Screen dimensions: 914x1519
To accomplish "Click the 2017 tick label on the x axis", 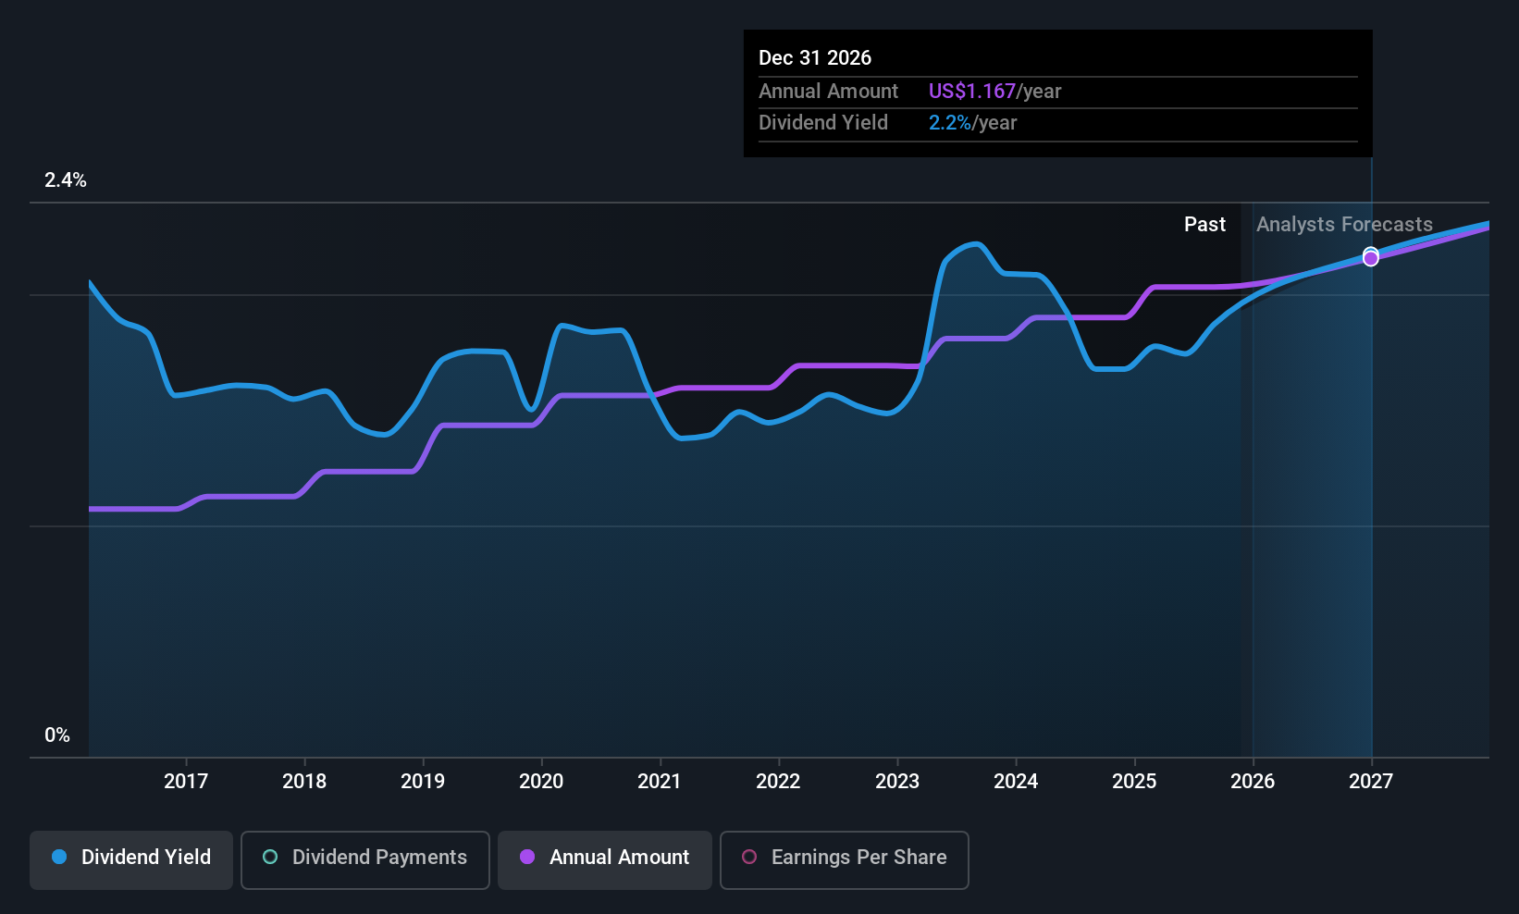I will [186, 781].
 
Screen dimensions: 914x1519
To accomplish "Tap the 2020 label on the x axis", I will [541, 781].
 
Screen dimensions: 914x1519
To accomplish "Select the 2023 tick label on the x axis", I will [897, 781].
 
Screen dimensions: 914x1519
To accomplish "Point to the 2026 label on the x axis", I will [1253, 781].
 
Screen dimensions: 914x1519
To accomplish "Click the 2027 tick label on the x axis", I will [1371, 781].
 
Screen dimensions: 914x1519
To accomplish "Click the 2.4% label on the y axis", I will [66, 180].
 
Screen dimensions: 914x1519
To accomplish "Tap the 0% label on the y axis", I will [57, 735].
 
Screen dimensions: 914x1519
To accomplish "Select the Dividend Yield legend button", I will [131, 858].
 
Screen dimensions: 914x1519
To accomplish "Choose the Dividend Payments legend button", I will [365, 858].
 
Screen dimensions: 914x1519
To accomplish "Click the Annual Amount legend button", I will [605, 858].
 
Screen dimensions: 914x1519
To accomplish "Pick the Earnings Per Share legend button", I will [844, 858].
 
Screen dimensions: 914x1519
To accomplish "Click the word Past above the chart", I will [1204, 225].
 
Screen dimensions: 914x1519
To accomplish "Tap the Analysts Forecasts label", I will [1344, 225].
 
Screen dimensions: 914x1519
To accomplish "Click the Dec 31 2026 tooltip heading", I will [815, 58].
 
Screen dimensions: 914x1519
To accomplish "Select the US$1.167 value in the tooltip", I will [972, 92].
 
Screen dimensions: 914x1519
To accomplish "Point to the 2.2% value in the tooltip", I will [950, 123].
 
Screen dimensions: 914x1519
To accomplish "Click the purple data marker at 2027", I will [1371, 259].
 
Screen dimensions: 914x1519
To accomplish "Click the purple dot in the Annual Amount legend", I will [527, 858].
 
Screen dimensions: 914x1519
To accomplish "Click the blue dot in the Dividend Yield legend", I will [59, 858].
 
